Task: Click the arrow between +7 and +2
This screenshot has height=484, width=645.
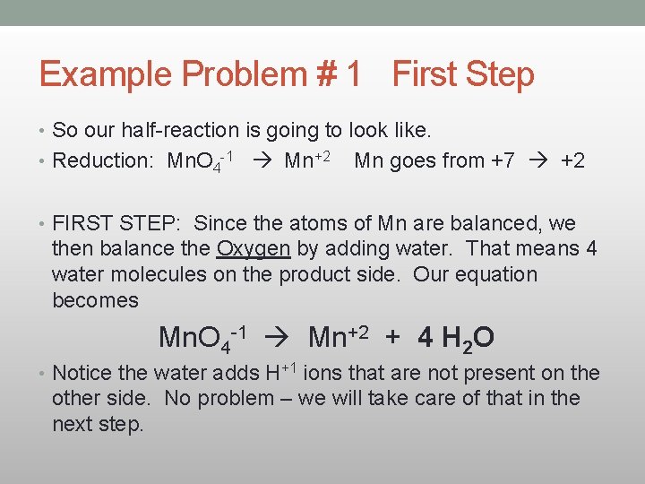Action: (537, 161)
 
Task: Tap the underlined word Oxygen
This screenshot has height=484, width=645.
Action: (254, 249)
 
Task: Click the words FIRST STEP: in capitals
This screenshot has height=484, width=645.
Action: (116, 223)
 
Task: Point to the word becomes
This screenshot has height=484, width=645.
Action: (96, 300)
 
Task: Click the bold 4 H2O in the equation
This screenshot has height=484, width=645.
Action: (456, 339)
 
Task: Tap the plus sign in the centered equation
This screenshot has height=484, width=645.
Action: (391, 337)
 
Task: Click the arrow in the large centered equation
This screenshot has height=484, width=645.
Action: (278, 338)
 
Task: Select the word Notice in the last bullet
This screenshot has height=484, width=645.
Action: (83, 373)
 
